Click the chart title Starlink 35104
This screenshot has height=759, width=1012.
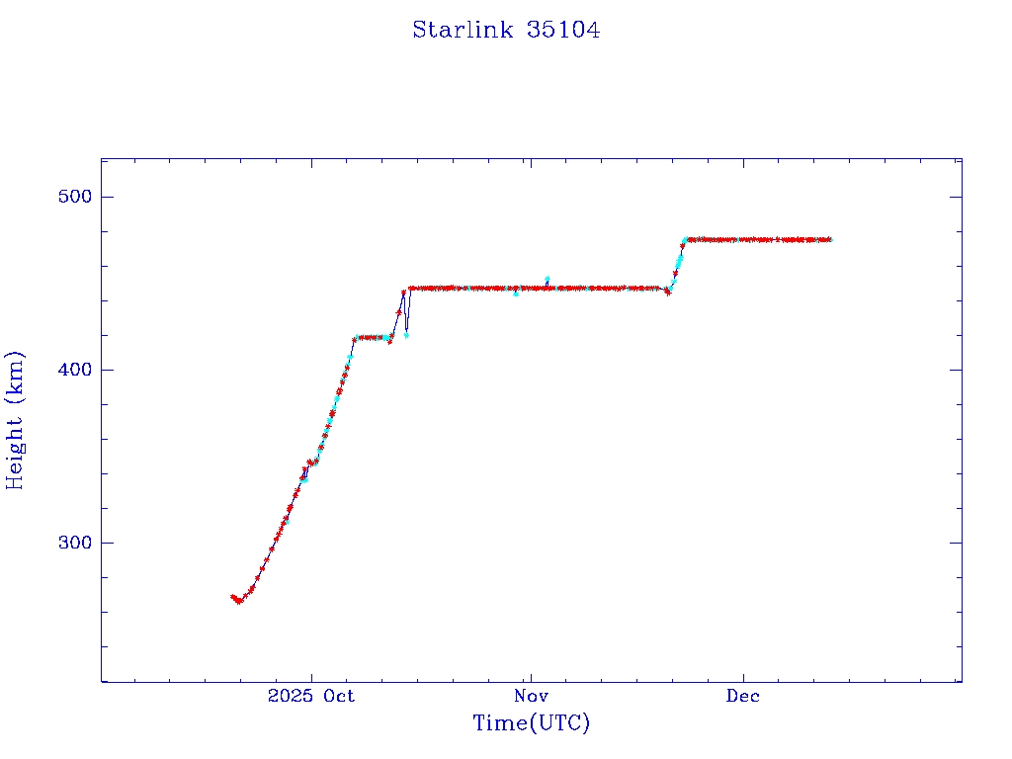[x=506, y=30]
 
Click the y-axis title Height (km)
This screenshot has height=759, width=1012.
[x=16, y=420]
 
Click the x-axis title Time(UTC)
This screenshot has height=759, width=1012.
[x=531, y=723]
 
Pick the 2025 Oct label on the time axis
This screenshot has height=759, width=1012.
[x=311, y=696]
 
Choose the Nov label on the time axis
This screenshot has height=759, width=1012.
[x=531, y=696]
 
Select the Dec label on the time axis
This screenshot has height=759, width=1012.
[x=743, y=696]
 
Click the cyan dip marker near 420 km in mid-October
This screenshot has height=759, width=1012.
[x=406, y=335]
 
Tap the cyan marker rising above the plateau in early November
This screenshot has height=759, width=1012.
[x=548, y=279]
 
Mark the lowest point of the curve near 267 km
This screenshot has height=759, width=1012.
[x=238, y=602]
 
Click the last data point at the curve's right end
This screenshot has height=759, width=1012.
[x=830, y=239]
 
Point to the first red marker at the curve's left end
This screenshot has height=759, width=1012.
[x=232, y=597]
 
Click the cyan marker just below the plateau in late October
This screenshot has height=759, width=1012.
[x=515, y=294]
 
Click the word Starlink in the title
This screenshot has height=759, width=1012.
[x=463, y=30]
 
